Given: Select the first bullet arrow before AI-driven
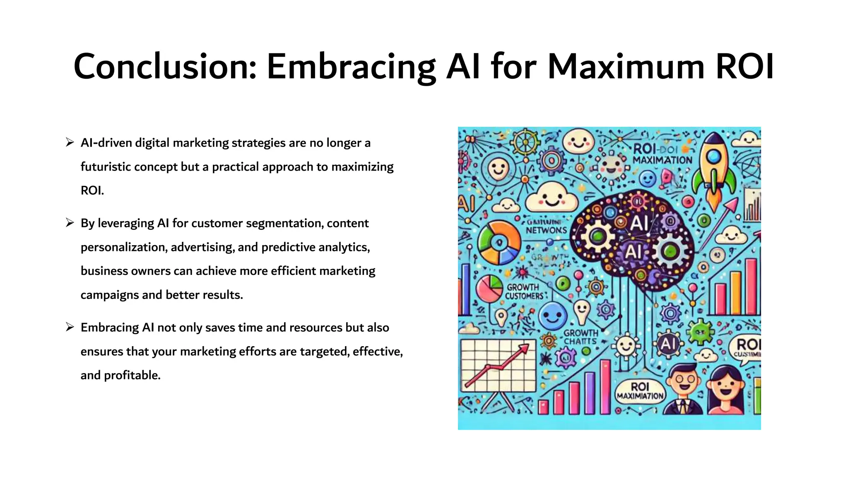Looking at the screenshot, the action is click(70, 143).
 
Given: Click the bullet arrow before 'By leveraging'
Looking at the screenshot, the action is click(70, 223).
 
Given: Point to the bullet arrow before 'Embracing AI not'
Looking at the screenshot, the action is click(70, 328).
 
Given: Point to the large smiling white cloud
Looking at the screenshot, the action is click(552, 198).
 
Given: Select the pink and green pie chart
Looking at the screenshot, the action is click(489, 288).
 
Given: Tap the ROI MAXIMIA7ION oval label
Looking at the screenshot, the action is click(640, 391).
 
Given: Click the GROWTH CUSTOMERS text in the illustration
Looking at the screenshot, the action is click(524, 291).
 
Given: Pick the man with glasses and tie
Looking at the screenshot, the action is click(684, 389).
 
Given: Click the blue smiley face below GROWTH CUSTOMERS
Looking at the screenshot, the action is click(553, 316).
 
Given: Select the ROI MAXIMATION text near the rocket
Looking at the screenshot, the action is click(662, 154).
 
